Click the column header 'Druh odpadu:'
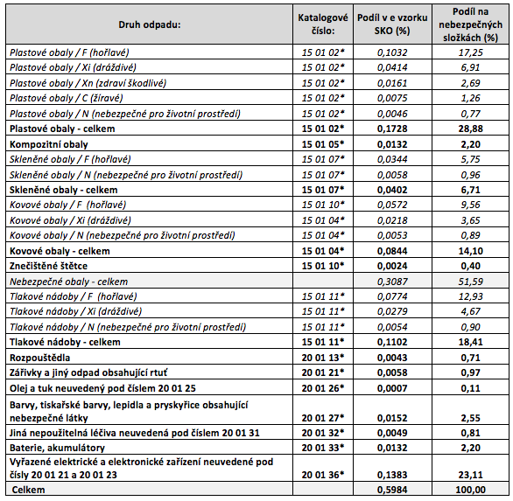pyautogui.click(x=149, y=24)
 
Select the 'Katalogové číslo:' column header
pyautogui.click(x=322, y=24)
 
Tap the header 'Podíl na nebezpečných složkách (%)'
pyautogui.click(x=470, y=24)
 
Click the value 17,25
pyautogui.click(x=470, y=52)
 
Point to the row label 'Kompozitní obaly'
pyautogui.click(x=49, y=144)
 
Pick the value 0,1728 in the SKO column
pyautogui.click(x=392, y=129)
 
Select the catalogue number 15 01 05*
pyautogui.click(x=323, y=144)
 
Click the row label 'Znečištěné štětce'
pyautogui.click(x=48, y=266)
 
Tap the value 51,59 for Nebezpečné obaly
pyautogui.click(x=470, y=282)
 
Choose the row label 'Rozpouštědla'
pyautogui.click(x=39, y=358)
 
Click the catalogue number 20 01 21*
pyautogui.click(x=323, y=372)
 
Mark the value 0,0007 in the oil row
pyautogui.click(x=392, y=388)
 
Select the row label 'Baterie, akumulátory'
pyautogui.click(x=57, y=448)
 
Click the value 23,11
pyautogui.click(x=470, y=475)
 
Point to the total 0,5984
pyautogui.click(x=392, y=490)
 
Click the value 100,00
pyautogui.click(x=470, y=490)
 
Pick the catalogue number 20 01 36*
pyautogui.click(x=323, y=475)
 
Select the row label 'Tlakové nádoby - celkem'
pyautogui.click(x=65, y=342)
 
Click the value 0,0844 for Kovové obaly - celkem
pyautogui.click(x=392, y=251)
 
